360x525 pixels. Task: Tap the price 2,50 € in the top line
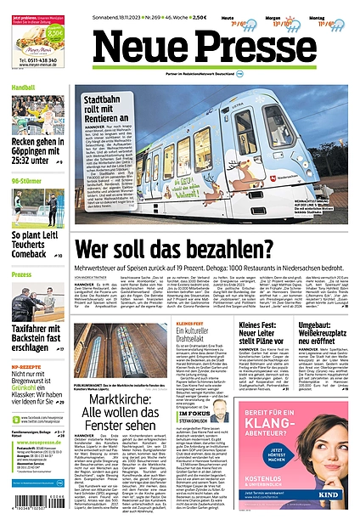tap(223, 16)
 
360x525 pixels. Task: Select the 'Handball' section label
tap(24, 87)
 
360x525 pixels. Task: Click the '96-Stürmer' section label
tap(27, 180)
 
